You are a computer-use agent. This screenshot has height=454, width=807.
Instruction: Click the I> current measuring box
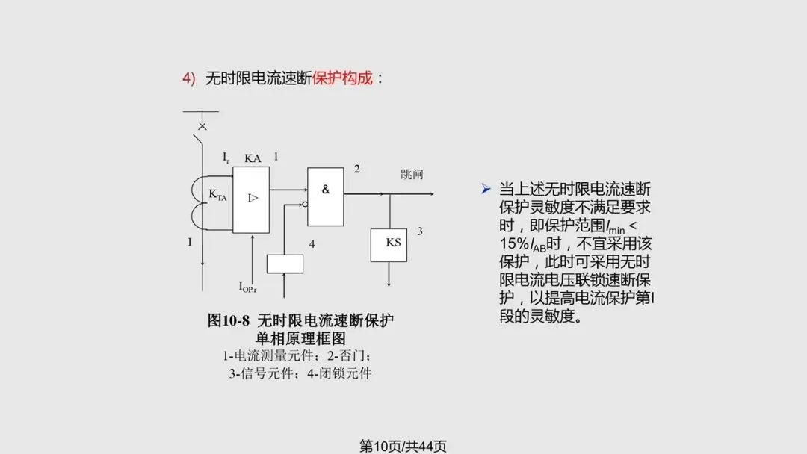[x=251, y=199]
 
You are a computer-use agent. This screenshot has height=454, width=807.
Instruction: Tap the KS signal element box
[x=389, y=244]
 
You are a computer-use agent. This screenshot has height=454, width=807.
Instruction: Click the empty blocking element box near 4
[x=285, y=264]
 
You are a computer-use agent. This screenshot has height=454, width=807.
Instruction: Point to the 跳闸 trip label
[x=412, y=175]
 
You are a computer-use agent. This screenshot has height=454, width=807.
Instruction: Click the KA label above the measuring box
[x=253, y=158]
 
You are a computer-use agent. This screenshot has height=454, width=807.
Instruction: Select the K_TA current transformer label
[x=217, y=196]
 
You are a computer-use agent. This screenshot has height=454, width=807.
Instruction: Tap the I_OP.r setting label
[x=248, y=286]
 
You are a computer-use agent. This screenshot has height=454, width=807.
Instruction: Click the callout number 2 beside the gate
[x=356, y=170]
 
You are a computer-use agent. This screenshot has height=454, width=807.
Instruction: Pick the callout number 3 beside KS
[x=420, y=231]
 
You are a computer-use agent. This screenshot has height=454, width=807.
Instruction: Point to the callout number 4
[x=312, y=244]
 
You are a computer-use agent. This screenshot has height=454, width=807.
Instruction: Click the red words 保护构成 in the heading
[x=342, y=78]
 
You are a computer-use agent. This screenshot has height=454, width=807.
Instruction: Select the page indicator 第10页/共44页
[x=403, y=446]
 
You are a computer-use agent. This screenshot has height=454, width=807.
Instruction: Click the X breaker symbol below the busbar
[x=202, y=127]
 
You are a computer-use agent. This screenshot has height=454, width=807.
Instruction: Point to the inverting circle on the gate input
[x=304, y=204]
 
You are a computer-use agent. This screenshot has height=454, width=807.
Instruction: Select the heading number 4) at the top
[x=189, y=78]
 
